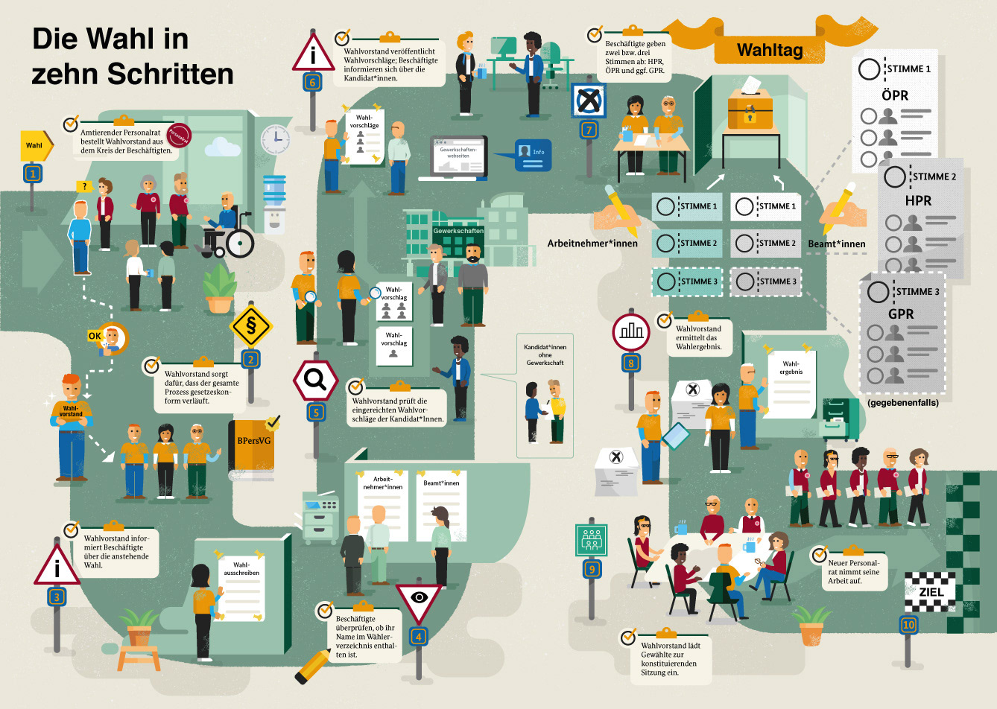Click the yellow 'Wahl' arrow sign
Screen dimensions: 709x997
[x=35, y=145]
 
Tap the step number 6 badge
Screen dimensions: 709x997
[x=313, y=83]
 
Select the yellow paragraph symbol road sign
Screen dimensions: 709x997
[x=251, y=325]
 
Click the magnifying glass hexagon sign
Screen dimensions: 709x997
[x=315, y=381]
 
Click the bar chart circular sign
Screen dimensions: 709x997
[x=631, y=331]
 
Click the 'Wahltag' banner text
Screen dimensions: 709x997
[x=770, y=50]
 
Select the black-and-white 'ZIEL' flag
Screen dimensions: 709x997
[x=931, y=592]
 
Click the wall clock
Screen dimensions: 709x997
[x=275, y=138]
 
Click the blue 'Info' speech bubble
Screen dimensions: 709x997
[x=533, y=155]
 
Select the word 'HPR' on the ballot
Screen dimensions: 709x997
[x=918, y=200]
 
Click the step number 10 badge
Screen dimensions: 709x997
[x=908, y=625]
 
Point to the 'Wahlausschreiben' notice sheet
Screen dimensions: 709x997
[x=241, y=585]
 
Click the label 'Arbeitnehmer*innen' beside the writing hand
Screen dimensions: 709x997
[x=592, y=243]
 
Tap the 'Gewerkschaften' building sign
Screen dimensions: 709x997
[x=458, y=231]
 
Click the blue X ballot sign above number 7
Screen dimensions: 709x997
[x=589, y=100]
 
